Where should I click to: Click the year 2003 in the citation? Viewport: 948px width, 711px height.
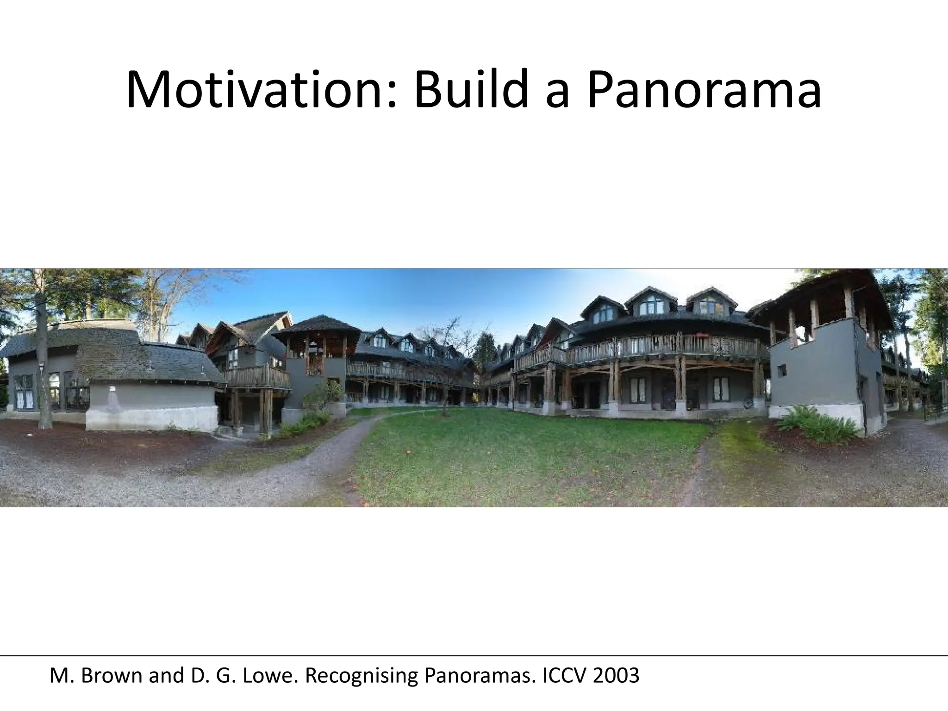click(x=616, y=676)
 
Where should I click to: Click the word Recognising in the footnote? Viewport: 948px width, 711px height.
click(x=361, y=676)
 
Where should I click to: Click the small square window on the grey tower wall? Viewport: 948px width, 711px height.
click(x=782, y=370)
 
